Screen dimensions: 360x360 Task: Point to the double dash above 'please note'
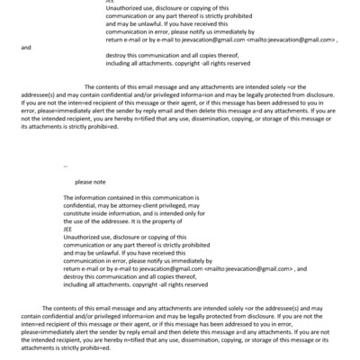(67, 166)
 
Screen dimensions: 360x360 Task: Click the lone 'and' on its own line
(25, 47)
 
